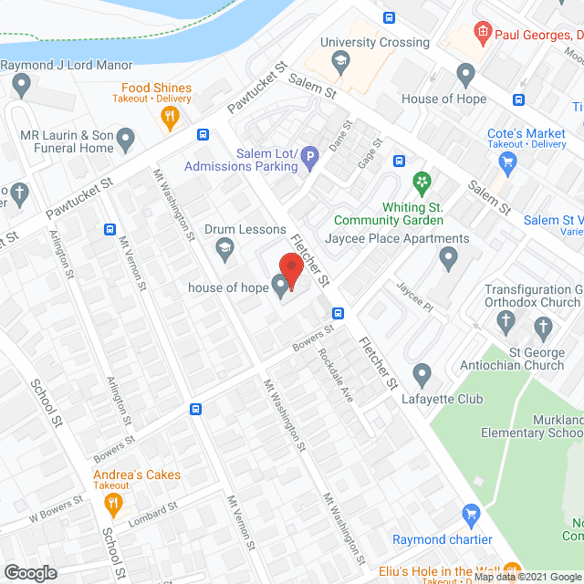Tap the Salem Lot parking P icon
[310, 160]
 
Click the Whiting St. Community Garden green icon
[421, 182]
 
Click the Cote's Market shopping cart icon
[508, 162]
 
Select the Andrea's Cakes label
[136, 474]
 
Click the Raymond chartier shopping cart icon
[471, 516]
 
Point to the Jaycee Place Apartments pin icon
[447, 259]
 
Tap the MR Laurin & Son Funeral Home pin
[126, 139]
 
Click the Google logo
[29, 572]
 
